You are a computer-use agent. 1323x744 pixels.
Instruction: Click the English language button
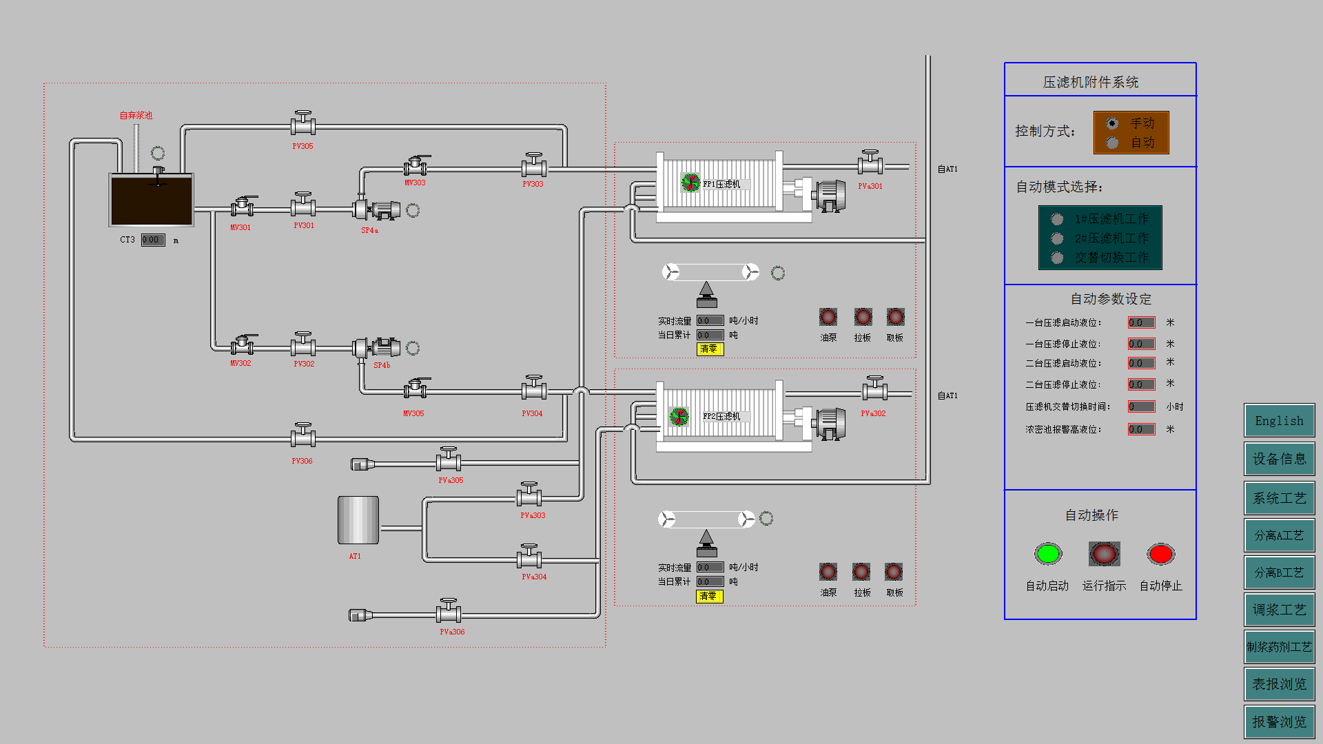1279,421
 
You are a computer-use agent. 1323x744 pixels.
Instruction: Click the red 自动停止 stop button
1160,554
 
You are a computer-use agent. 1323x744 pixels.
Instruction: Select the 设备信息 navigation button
1279,459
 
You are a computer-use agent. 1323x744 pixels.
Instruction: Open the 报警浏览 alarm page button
1279,721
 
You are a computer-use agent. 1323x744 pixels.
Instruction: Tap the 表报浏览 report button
1279,684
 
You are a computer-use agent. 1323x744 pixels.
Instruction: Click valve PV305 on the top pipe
302,125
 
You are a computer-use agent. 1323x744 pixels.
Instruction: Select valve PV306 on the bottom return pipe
302,436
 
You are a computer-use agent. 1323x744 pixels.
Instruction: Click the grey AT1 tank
358,520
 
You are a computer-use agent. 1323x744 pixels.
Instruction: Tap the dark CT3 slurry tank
152,200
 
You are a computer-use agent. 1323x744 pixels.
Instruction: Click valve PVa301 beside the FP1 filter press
870,164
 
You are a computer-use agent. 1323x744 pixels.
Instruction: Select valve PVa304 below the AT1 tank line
529,558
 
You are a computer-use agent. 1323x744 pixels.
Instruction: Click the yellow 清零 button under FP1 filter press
709,349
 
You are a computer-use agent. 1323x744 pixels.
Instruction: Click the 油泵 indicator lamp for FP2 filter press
828,572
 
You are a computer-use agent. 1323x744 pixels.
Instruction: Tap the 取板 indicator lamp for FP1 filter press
895,317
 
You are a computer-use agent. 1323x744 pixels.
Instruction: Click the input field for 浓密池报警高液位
1141,429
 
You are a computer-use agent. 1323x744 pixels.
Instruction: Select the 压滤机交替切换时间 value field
1141,406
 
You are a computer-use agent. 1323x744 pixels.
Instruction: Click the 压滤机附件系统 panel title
1090,82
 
